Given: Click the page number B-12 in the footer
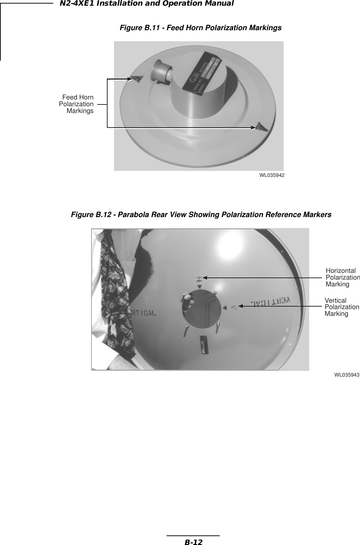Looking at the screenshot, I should (x=193, y=542).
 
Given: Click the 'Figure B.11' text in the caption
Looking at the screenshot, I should (x=138, y=28).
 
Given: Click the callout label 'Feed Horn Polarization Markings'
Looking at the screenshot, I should (x=77, y=104).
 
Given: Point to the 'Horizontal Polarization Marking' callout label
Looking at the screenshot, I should (x=342, y=277).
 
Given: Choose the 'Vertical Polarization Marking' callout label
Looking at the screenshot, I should (x=342, y=307).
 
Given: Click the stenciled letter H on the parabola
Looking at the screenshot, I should (x=200, y=278).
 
